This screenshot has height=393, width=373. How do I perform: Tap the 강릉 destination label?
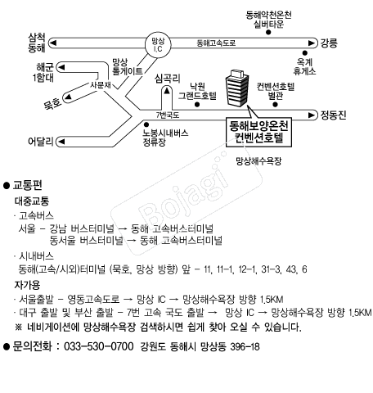tap(329, 43)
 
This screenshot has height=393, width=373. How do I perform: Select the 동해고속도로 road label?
tap(216, 43)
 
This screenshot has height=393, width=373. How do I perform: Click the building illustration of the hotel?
tap(237, 88)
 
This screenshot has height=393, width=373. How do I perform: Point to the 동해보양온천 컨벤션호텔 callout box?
tap(258, 133)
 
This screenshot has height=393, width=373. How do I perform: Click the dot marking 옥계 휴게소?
tap(305, 53)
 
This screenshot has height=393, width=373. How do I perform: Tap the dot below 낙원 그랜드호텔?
tap(197, 105)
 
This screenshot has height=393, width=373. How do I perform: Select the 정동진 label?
tap(333, 115)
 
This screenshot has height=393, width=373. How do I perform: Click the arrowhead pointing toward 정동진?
tap(312, 115)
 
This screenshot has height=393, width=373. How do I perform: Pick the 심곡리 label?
tap(168, 79)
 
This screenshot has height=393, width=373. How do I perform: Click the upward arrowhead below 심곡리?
tap(167, 91)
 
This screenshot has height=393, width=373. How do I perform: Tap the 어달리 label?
tap(41, 142)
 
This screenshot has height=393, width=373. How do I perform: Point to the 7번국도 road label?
tap(168, 115)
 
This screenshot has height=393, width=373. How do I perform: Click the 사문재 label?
tap(101, 85)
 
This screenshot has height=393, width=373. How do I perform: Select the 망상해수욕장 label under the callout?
tap(258, 161)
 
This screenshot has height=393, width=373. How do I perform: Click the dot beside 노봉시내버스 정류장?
tap(146, 124)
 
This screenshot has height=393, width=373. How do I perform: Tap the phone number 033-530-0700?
tap(99, 346)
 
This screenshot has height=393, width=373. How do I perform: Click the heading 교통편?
tap(28, 185)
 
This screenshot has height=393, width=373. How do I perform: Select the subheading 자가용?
tap(27, 285)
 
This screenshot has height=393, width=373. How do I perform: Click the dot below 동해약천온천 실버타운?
tap(268, 32)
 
